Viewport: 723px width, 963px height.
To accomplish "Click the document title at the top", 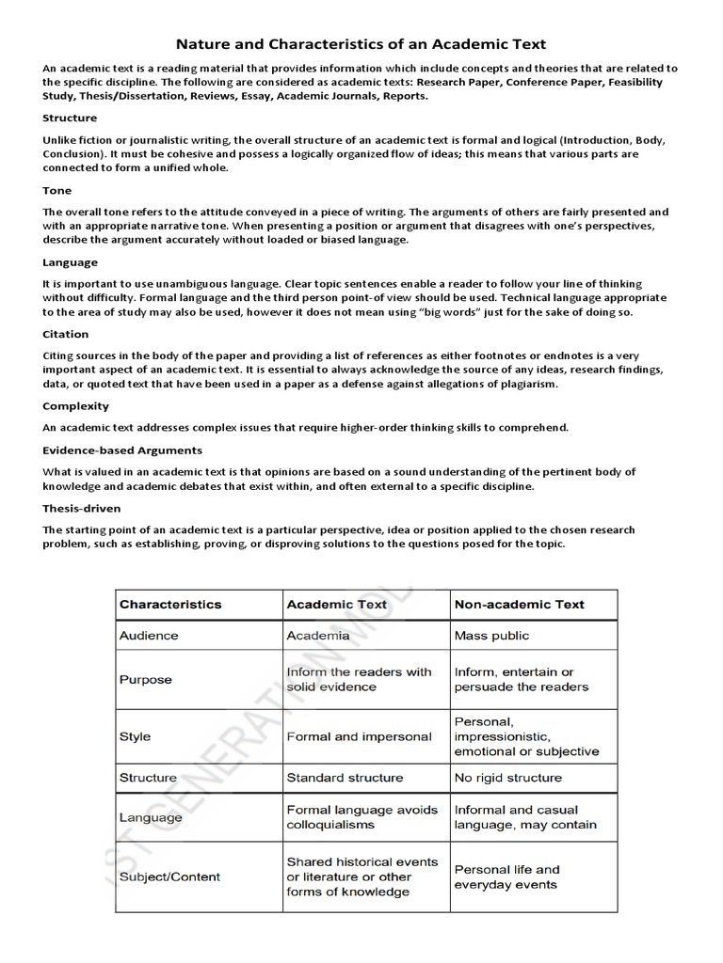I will pos(361,44).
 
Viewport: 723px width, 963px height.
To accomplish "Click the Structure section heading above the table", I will pos(70,118).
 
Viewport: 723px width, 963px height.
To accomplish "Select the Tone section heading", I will pos(56,190).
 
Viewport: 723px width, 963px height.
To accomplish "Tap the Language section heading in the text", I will pos(70,262).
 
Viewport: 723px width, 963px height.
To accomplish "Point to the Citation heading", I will pos(65,334).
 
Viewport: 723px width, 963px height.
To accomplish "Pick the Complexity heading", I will pos(75,406).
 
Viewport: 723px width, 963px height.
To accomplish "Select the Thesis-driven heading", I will pos(81,508).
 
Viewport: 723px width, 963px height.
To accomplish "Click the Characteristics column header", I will pos(170,605).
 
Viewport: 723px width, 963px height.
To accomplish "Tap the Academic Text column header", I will pos(337,605).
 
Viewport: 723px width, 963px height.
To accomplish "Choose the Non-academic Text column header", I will pos(520,605).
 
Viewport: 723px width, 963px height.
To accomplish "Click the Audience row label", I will pos(149,635).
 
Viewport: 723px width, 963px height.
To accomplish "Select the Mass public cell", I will pos(491,635).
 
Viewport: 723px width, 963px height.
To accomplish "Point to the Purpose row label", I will pos(145,679).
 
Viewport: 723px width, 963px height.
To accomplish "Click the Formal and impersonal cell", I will pos(359,736).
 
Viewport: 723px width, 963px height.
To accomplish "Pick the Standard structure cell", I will pos(345,778).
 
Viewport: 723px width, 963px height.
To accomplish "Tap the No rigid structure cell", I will pos(507,778).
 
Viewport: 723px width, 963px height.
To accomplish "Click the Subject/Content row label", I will pos(169,876).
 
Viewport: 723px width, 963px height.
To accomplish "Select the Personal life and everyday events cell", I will pos(506,876).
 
